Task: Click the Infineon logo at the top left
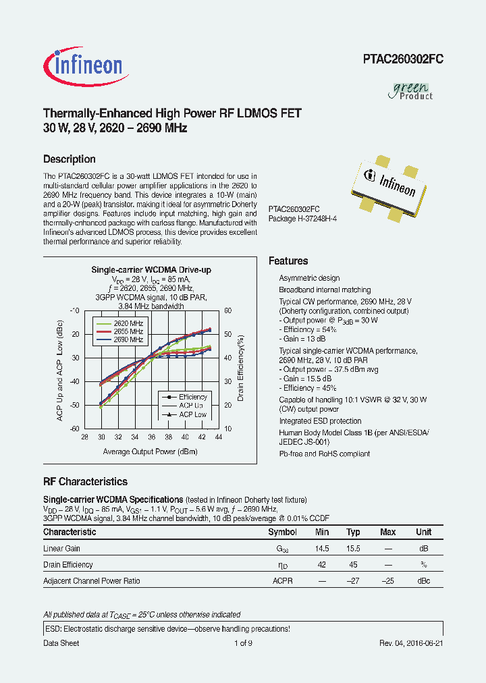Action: (x=83, y=65)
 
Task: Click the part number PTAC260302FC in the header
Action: (x=402, y=59)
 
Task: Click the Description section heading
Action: (x=69, y=159)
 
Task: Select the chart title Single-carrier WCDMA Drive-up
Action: (x=151, y=270)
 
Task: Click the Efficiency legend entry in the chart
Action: (x=192, y=397)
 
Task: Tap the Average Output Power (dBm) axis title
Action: (x=150, y=452)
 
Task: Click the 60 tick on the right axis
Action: (x=228, y=310)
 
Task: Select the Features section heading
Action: (x=288, y=261)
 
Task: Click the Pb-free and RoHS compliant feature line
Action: (x=324, y=454)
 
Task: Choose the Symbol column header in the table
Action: (x=282, y=532)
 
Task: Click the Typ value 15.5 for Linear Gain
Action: (x=352, y=549)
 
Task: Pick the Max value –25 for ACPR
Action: (x=387, y=580)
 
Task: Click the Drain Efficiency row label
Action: (x=68, y=565)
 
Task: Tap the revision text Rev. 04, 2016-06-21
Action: (x=410, y=643)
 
